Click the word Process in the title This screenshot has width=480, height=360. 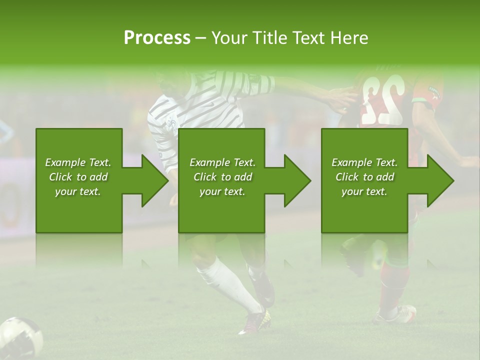point(157,37)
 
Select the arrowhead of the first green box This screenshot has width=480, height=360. point(155,180)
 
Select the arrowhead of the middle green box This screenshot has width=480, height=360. point(298,180)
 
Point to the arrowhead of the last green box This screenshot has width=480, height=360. point(441,180)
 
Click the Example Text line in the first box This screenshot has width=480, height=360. point(78,162)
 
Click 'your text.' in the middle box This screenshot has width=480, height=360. point(222,191)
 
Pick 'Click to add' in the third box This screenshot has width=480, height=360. point(364,177)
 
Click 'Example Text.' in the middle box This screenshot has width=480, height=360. point(222,162)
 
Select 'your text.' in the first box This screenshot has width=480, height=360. point(78,191)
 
